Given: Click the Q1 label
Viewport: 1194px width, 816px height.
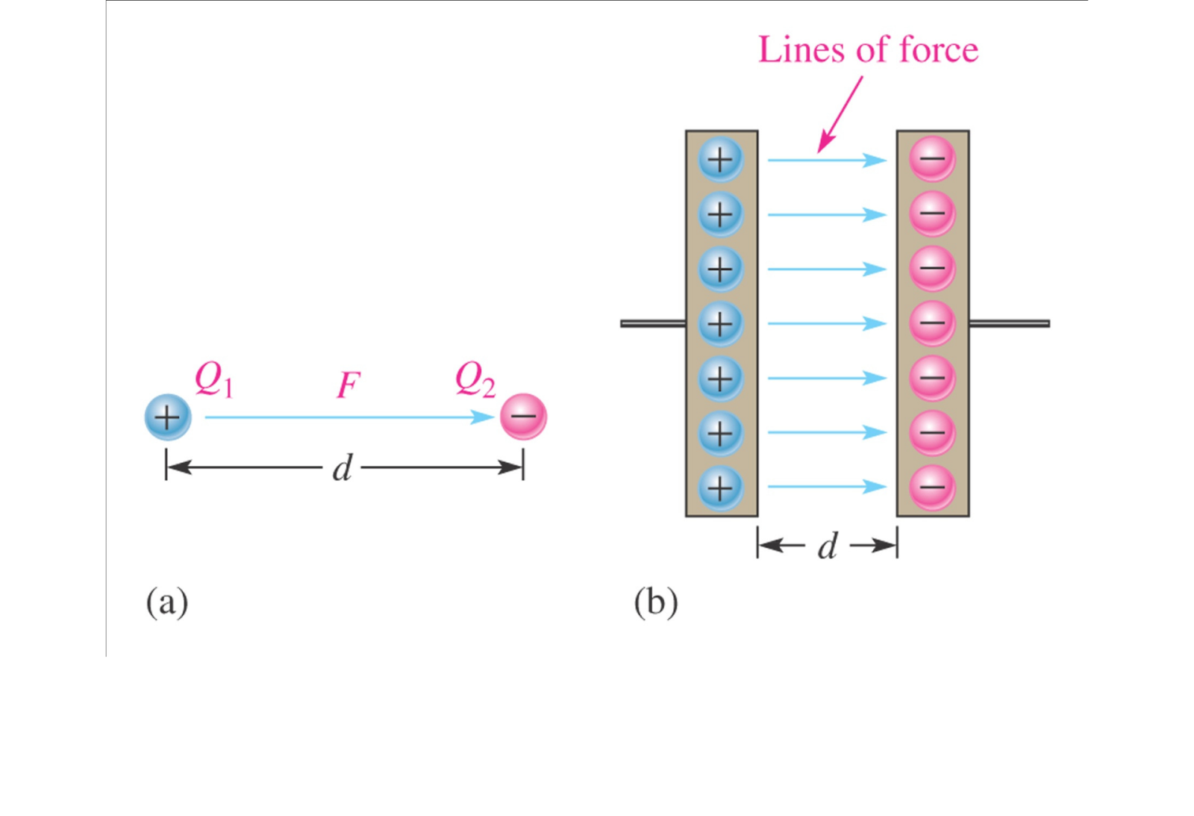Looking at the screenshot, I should pyautogui.click(x=213, y=380).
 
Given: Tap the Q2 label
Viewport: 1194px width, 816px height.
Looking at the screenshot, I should pyautogui.click(x=475, y=380).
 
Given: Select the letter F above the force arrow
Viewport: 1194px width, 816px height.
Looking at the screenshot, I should pyautogui.click(x=348, y=385).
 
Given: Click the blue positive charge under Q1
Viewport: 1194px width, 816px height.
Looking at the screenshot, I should pyautogui.click(x=168, y=417).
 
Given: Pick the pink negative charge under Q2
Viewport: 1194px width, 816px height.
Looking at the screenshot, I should pyautogui.click(x=523, y=417).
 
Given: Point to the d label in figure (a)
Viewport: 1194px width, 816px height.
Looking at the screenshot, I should pyautogui.click(x=342, y=469).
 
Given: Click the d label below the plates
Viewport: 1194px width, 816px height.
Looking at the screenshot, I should pyautogui.click(x=828, y=546).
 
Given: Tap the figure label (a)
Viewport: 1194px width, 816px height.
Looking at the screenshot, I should pyautogui.click(x=167, y=602).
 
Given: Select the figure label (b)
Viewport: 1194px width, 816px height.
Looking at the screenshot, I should pyautogui.click(x=656, y=602).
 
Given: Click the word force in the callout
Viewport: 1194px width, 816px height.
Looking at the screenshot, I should pyautogui.click(x=939, y=50).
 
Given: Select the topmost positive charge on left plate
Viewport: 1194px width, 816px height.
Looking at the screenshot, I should pyautogui.click(x=720, y=159).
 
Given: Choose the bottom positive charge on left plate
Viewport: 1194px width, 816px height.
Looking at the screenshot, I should pyautogui.click(x=720, y=488).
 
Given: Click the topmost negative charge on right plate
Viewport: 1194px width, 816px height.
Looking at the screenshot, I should pyautogui.click(x=932, y=159).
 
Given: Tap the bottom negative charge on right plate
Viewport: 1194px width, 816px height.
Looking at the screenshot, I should pyautogui.click(x=932, y=488).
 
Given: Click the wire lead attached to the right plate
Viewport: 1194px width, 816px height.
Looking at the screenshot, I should pyautogui.click(x=1009, y=323).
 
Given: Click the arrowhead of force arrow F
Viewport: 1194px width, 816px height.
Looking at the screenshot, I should pyautogui.click(x=485, y=417).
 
